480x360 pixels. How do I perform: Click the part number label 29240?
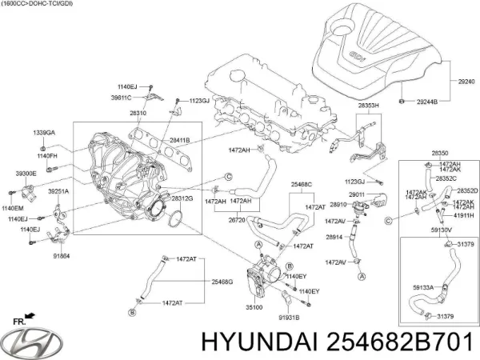(466, 82)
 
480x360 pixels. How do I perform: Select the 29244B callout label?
(428, 102)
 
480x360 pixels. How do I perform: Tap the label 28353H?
(370, 106)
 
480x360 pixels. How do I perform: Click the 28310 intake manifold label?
(138, 114)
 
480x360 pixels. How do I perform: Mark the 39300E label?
(25, 173)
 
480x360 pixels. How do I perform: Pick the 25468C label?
(301, 185)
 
